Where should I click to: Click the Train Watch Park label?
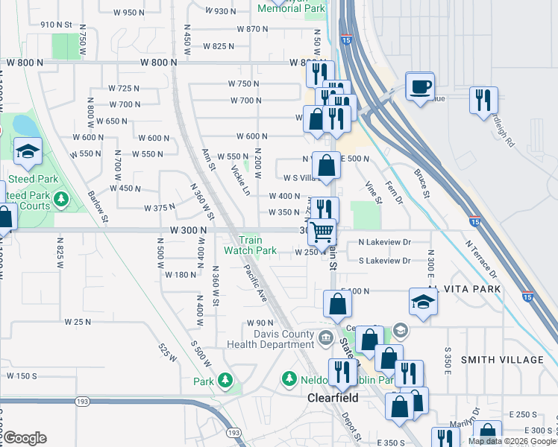251,246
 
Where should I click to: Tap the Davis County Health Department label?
274,339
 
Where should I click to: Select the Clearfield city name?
333,398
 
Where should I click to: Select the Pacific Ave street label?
255,284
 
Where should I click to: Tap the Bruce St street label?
422,183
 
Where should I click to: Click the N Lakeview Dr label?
384,242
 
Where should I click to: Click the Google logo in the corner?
25,438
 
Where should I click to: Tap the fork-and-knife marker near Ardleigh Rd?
483,101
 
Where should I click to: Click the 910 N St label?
56,25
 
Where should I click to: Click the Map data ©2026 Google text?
511,441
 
